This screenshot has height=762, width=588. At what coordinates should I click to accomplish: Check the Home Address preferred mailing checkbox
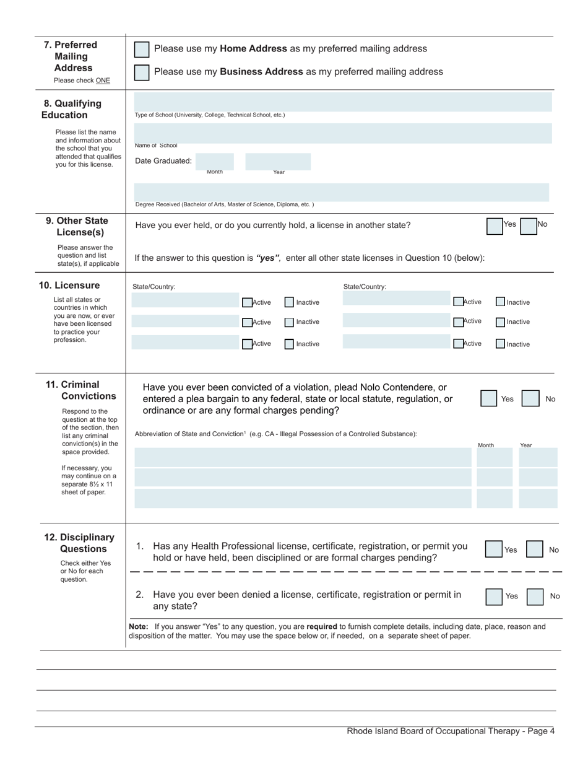click(142, 50)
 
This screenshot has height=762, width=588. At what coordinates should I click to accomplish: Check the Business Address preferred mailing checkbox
click(142, 72)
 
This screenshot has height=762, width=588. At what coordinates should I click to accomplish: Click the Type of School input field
click(342, 103)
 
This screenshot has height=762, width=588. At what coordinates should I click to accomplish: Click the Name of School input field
click(342, 133)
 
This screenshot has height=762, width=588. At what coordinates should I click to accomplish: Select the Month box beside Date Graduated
click(215, 162)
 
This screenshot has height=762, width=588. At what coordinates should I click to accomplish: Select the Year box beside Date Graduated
click(278, 162)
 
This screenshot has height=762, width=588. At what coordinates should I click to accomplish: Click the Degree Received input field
click(341, 192)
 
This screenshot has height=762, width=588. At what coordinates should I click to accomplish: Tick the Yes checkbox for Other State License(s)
click(495, 226)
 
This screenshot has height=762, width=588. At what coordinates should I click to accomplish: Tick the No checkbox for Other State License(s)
click(528, 226)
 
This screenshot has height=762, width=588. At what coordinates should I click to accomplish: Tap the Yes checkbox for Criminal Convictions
click(489, 398)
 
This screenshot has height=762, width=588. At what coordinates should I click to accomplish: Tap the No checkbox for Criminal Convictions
click(530, 398)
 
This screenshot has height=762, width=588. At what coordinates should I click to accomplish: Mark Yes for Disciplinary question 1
click(493, 550)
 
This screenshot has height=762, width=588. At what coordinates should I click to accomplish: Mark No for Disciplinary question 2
click(535, 597)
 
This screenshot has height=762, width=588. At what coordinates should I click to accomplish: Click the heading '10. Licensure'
click(69, 286)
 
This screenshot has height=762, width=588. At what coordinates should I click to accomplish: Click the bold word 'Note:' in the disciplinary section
click(139, 627)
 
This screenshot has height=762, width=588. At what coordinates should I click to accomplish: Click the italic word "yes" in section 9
click(268, 258)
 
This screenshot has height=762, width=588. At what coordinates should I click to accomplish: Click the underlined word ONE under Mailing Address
click(103, 81)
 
